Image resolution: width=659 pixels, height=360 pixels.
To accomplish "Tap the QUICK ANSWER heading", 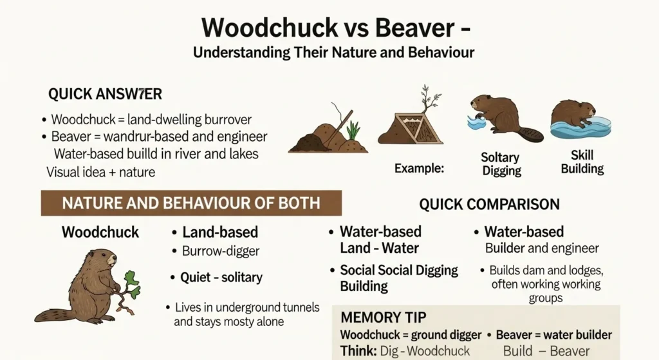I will (105, 94).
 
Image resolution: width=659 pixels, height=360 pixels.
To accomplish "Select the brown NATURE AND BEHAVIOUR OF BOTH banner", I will (190, 204).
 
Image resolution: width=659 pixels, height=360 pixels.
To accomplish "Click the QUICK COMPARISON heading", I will (489, 205).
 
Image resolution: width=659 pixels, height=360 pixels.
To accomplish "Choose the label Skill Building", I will (582, 162).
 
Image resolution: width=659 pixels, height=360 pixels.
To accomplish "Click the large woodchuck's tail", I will (54, 315).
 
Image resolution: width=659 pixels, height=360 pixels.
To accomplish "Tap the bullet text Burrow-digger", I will (220, 251).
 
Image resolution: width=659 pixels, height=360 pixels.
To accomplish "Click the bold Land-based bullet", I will (219, 232).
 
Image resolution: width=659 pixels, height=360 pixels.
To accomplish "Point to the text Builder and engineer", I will (542, 249).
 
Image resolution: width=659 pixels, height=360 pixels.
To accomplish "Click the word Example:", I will (419, 169).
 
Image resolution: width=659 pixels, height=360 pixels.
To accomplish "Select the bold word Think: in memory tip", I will (357, 351).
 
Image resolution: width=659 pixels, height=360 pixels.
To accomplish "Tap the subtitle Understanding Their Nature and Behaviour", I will (333, 52).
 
